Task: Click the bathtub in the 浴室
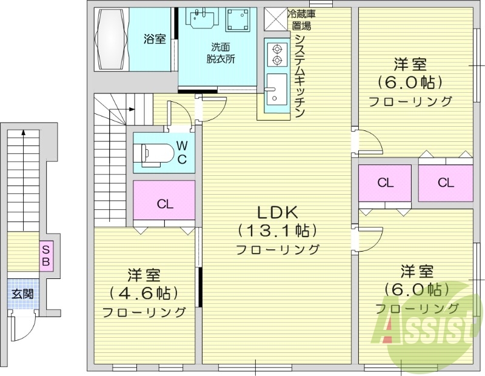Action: pyautogui.click(x=112, y=39)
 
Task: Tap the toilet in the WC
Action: pyautogui.click(x=154, y=153)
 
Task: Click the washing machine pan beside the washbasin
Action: pyautogui.click(x=238, y=19)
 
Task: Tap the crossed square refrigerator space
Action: pyautogui.click(x=276, y=19)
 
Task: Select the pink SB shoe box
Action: pyautogui.click(x=46, y=255)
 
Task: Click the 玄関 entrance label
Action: pyautogui.click(x=22, y=294)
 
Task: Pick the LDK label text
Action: pyautogui.click(x=278, y=212)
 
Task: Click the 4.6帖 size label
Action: pyautogui.click(x=144, y=293)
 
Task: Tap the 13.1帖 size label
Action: pyautogui.click(x=278, y=230)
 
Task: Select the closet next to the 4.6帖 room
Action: pyautogui.click(x=164, y=201)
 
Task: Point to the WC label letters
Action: pyautogui.click(x=182, y=152)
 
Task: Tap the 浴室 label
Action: pyautogui.click(x=155, y=39)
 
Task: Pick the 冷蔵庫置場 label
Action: pyautogui.click(x=301, y=20)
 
